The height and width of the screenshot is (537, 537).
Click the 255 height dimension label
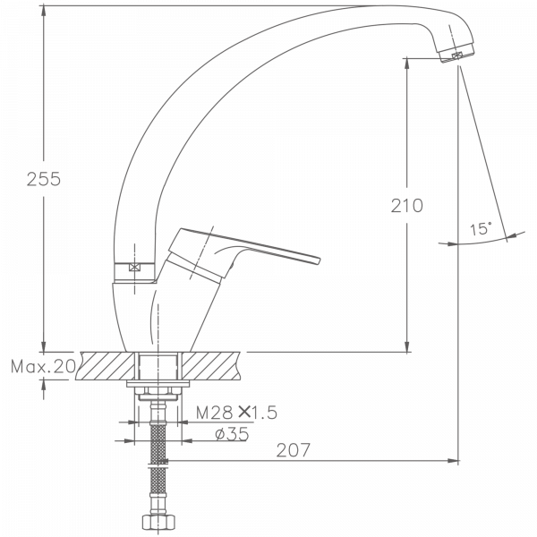coord(42,179)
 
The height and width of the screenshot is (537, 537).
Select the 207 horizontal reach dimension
coord(293,451)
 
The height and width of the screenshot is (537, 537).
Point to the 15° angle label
coord(480,229)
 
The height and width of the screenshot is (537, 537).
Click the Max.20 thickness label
coord(43,366)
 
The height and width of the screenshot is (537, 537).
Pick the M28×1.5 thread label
coord(237,413)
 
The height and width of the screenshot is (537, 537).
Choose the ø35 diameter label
coord(232,434)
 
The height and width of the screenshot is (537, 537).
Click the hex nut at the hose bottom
coord(158,522)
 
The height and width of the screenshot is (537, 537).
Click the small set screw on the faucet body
coord(134,266)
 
